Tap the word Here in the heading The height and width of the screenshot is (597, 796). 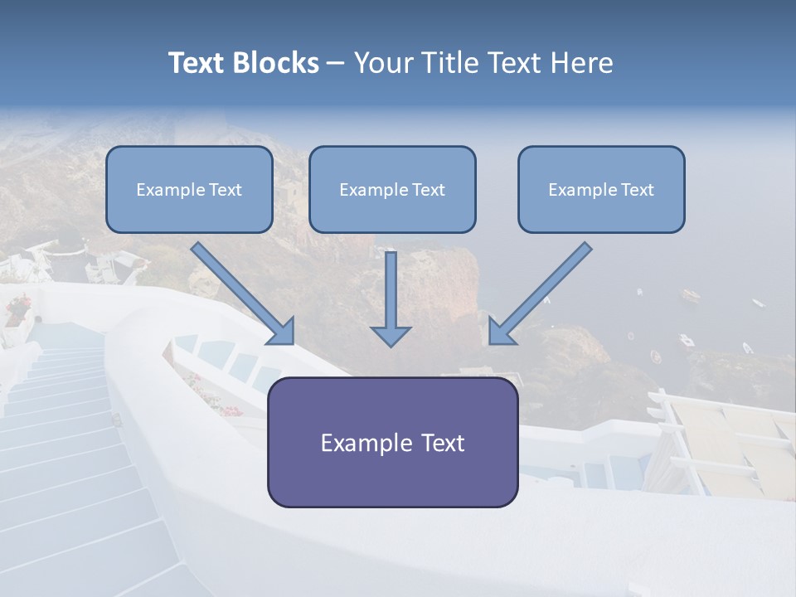pyautogui.click(x=583, y=63)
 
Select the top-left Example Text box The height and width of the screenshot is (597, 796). pyautogui.click(x=189, y=190)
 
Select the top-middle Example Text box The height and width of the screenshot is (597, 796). pyautogui.click(x=392, y=190)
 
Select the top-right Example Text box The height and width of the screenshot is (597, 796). pyautogui.click(x=601, y=190)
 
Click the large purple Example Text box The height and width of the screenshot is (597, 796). pyautogui.click(x=392, y=442)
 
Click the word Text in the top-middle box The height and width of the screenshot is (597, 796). pyautogui.click(x=428, y=190)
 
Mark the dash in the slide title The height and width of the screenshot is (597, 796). pyautogui.click(x=336, y=64)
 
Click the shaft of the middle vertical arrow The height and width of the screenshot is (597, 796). pyautogui.click(x=391, y=286)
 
